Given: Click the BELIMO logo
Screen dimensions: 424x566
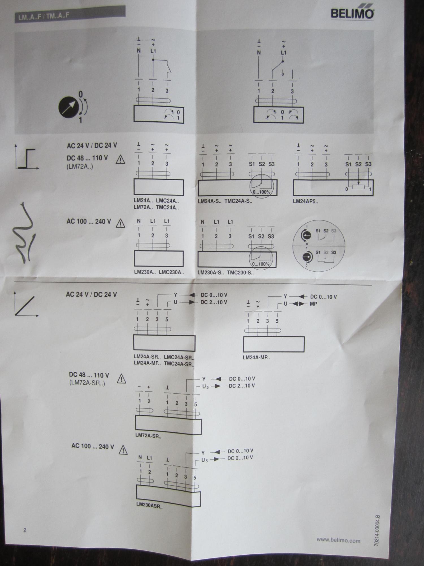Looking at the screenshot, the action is pos(352,13).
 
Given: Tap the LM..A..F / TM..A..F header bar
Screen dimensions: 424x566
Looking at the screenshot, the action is pos(70,14).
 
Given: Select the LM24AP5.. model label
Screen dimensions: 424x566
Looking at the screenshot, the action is pos(305,202).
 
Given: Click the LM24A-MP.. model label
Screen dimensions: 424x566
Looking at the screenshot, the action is pos(256,357).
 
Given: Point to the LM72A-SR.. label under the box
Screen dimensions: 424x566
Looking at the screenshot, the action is pos(148,436).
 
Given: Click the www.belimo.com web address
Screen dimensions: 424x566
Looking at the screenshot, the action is pos(338,540).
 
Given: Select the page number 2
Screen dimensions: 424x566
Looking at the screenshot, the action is pos(25,530).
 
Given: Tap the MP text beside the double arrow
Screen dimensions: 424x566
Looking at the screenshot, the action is pos(313,304).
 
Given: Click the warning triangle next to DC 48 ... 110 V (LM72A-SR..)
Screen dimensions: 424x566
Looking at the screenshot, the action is pos(121,379).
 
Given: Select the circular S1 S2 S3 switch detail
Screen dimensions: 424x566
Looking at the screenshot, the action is pos(319,246).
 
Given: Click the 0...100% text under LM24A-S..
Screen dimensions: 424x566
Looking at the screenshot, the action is pos(261,192).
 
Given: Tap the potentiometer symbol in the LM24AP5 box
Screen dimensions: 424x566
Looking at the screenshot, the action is pos(358,186).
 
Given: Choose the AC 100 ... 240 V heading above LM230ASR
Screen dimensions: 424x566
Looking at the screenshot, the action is pos(93,446).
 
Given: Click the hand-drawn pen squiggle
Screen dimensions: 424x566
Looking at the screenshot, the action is pos(25,233).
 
